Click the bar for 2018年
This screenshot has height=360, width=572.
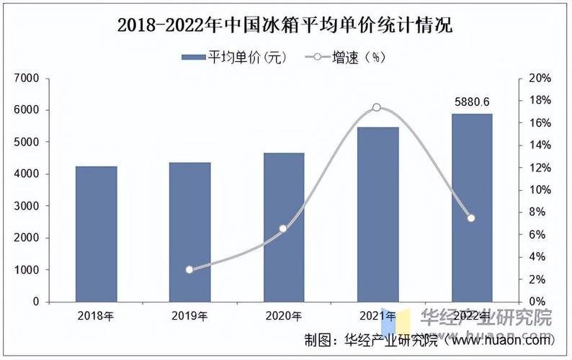(96, 234)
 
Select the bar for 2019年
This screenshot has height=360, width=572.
(189, 232)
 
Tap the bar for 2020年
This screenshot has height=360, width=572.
(283, 227)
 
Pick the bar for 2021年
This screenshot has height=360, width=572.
(377, 215)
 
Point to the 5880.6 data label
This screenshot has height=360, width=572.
(473, 102)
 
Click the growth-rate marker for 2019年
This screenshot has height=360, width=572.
(189, 270)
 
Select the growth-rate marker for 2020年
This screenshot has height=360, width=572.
(283, 228)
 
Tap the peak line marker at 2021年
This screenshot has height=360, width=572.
(377, 107)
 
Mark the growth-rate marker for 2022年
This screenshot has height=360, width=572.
(471, 218)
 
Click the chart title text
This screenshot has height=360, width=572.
(285, 27)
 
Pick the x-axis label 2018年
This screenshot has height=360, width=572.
(96, 315)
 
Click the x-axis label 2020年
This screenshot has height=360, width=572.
(283, 315)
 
